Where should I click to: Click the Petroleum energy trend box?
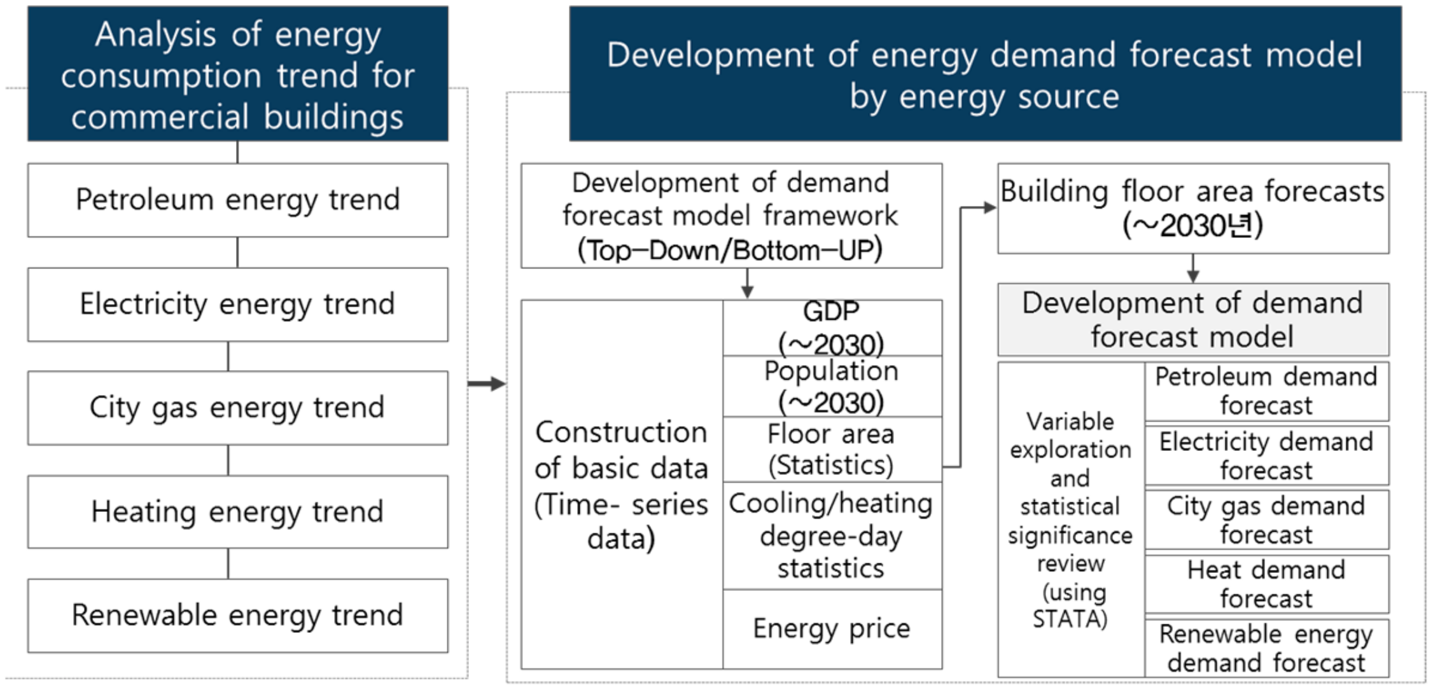point(237,200)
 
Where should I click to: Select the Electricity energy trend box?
point(237,305)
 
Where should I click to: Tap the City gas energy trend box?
point(237,408)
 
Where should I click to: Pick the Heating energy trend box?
point(237,512)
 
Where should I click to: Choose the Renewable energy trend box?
point(237,616)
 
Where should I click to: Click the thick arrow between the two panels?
point(487,383)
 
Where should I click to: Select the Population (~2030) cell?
point(832,387)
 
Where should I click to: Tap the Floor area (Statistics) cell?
point(832,450)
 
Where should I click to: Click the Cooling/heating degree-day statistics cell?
point(832,535)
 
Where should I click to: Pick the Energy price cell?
point(832,629)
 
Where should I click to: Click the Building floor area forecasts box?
point(1192,209)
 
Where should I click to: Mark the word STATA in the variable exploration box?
point(1070,619)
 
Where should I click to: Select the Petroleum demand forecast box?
point(1266,391)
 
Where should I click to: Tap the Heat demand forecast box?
point(1266,584)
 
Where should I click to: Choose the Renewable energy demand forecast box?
point(1266,648)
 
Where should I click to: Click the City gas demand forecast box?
point(1266,520)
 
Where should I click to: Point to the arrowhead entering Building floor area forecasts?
point(989,207)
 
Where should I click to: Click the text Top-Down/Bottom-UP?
point(730,251)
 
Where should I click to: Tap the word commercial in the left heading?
point(160,118)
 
